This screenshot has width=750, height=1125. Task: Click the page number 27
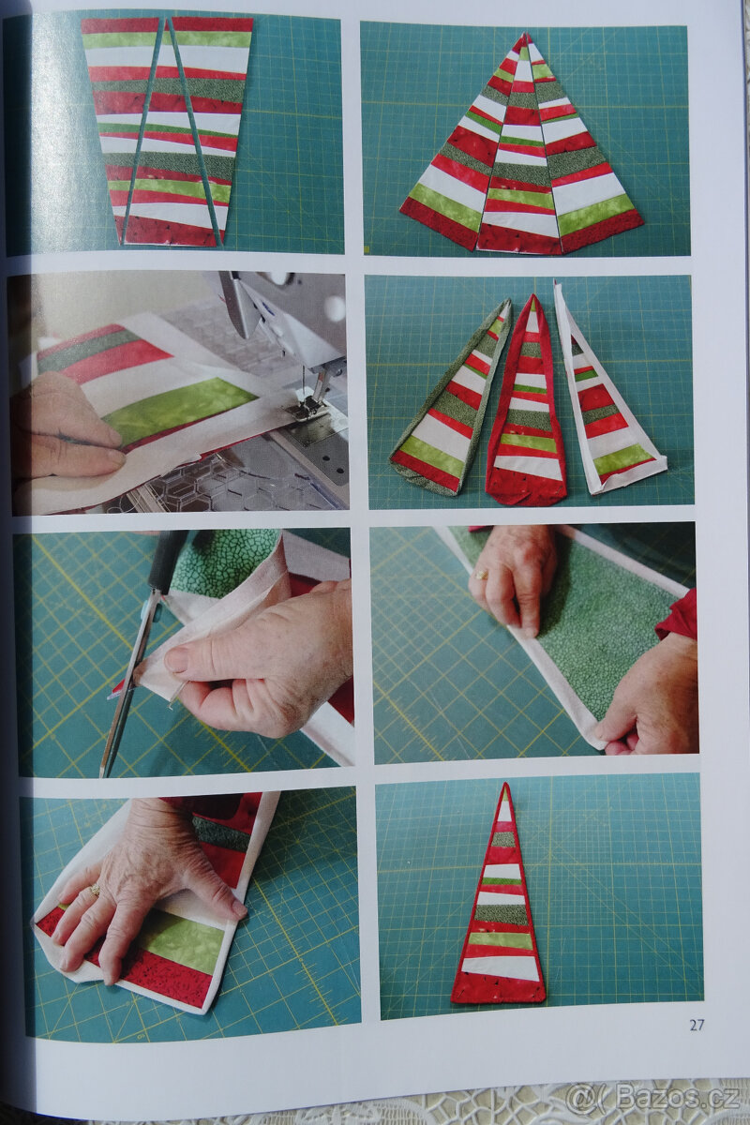coord(697,1025)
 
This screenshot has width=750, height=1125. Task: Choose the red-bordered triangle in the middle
coord(524,402)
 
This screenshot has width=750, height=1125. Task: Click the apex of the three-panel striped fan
coord(525,36)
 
